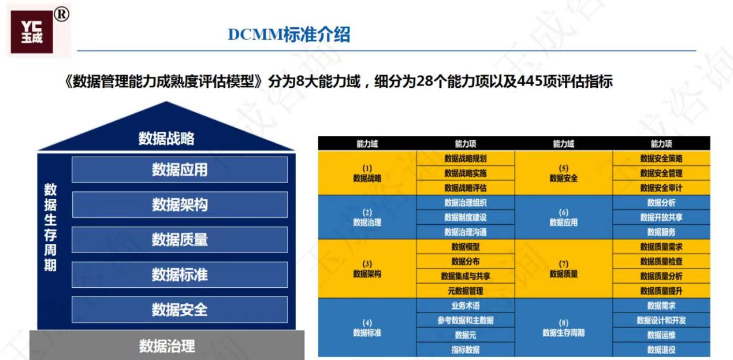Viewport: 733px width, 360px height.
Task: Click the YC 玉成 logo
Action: (32, 32)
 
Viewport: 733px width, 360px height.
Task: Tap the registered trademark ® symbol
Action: (61, 14)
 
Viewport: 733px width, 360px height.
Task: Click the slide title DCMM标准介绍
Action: (289, 34)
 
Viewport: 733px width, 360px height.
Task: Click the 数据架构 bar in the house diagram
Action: (180, 205)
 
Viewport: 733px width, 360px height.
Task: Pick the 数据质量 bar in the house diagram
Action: (180, 240)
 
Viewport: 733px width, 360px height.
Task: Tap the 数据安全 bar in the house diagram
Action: (180, 310)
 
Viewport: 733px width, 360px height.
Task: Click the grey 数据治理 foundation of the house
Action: (167, 346)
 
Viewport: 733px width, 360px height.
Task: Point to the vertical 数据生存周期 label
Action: (50, 228)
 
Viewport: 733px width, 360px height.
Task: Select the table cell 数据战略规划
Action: (466, 158)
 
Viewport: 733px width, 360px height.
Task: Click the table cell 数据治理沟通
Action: (466, 232)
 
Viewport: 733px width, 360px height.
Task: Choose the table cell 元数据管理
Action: (466, 291)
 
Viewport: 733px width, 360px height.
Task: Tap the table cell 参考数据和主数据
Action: (466, 320)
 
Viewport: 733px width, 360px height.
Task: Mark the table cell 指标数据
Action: (466, 350)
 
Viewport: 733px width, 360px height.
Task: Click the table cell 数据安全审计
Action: (661, 188)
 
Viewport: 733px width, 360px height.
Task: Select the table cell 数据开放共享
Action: (661, 217)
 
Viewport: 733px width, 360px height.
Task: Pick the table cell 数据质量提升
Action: (661, 291)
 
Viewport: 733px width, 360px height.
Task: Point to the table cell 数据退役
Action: (661, 350)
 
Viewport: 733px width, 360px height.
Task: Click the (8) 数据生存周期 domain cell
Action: (564, 328)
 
